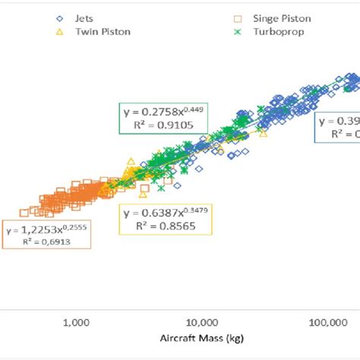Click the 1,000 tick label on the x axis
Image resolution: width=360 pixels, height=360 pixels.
(77, 323)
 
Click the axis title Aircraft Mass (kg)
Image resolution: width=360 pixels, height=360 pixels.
(201, 339)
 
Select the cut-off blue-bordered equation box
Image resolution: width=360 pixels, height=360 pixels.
(337, 128)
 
